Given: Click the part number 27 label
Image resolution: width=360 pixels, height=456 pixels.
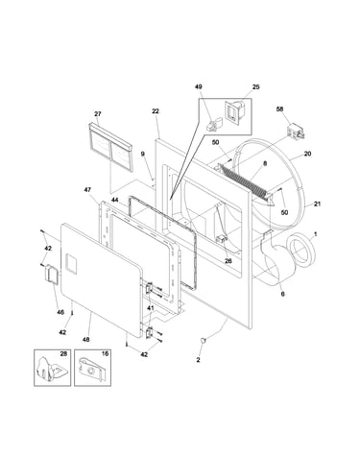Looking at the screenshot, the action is [98, 114].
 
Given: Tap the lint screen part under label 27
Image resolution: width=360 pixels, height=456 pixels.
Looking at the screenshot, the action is [110, 146].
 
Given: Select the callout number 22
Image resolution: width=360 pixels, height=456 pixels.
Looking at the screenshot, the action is [156, 111].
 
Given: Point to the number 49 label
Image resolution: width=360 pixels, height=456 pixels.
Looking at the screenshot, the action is [199, 87].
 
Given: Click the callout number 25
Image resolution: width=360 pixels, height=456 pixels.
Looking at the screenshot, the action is [255, 87].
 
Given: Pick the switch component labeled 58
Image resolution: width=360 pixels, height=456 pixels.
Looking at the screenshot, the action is [295, 132].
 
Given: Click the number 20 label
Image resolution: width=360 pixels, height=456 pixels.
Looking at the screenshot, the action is [307, 154].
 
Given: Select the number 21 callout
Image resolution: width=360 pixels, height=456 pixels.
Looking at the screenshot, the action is [317, 204].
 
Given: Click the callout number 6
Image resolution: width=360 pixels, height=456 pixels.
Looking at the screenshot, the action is [282, 294].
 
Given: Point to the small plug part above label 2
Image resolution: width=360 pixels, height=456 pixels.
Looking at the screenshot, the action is [203, 340].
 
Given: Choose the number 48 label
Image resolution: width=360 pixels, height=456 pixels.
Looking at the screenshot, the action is [85, 340].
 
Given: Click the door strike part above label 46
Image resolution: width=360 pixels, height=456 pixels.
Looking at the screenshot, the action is [51, 274].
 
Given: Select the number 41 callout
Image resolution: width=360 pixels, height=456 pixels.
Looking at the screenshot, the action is [151, 308].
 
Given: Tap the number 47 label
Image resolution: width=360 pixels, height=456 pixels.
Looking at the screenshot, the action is [87, 190].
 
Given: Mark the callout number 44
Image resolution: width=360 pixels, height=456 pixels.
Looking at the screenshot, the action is [115, 201].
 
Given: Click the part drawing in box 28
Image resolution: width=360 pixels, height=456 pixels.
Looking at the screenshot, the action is [50, 370].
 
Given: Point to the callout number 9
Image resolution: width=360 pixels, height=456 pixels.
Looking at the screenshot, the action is [143, 154].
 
